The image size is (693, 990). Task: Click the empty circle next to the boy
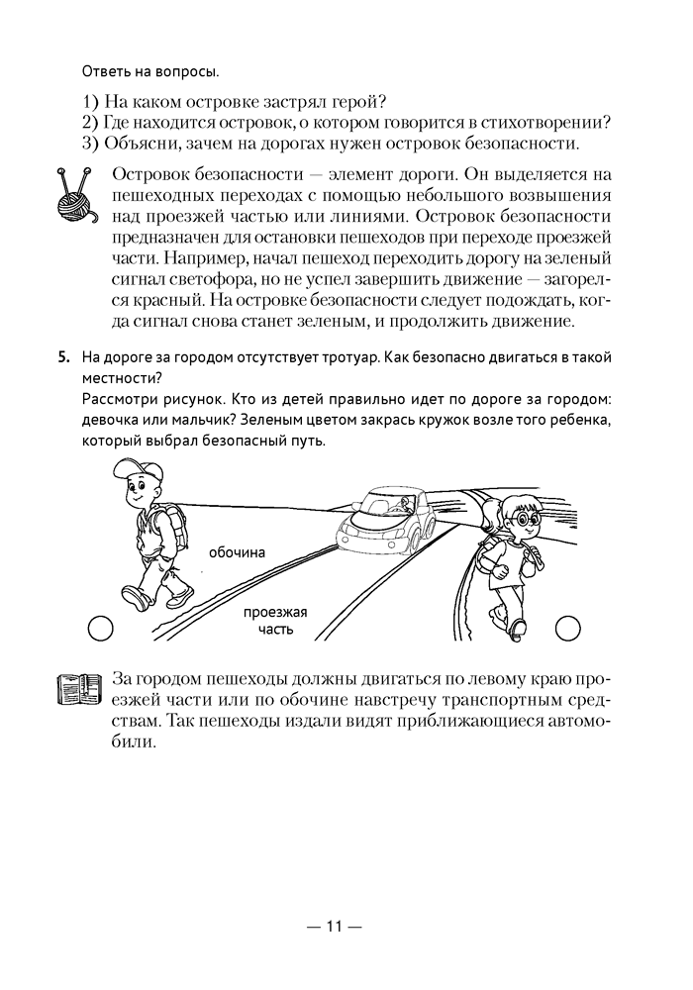click(x=99, y=627)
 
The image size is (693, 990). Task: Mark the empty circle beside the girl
click(x=568, y=627)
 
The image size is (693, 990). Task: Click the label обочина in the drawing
click(x=238, y=552)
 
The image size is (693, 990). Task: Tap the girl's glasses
click(x=519, y=516)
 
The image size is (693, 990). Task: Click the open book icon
click(x=80, y=688)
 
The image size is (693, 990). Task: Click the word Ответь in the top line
click(x=103, y=71)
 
